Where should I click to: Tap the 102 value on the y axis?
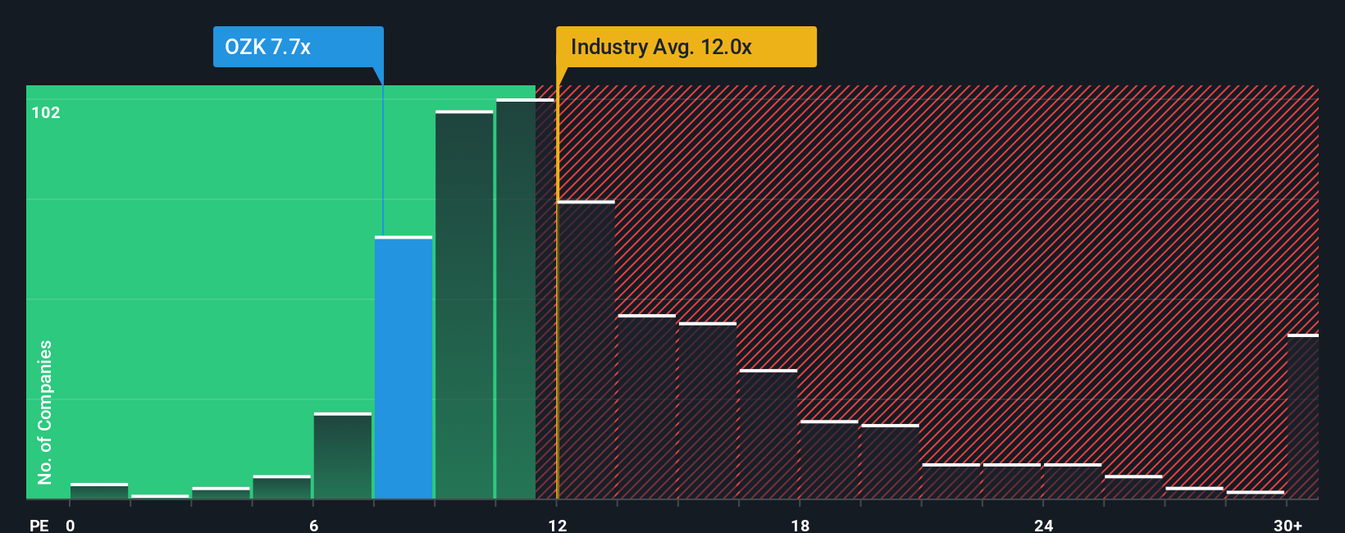46,112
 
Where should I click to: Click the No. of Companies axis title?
45,412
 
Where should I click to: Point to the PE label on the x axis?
39,525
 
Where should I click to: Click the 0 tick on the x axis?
71,525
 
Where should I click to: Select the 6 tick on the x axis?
313,525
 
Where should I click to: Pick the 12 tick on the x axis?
557,525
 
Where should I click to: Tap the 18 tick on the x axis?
800,525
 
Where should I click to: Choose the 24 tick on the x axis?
1043,525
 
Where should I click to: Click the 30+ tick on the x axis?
1288,525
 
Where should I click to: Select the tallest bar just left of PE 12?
516,299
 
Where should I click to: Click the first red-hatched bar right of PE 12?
586,350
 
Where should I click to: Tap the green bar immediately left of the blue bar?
343,456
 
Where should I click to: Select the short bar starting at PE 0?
99,491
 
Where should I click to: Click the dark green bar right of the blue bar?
464,305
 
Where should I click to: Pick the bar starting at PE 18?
829,460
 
